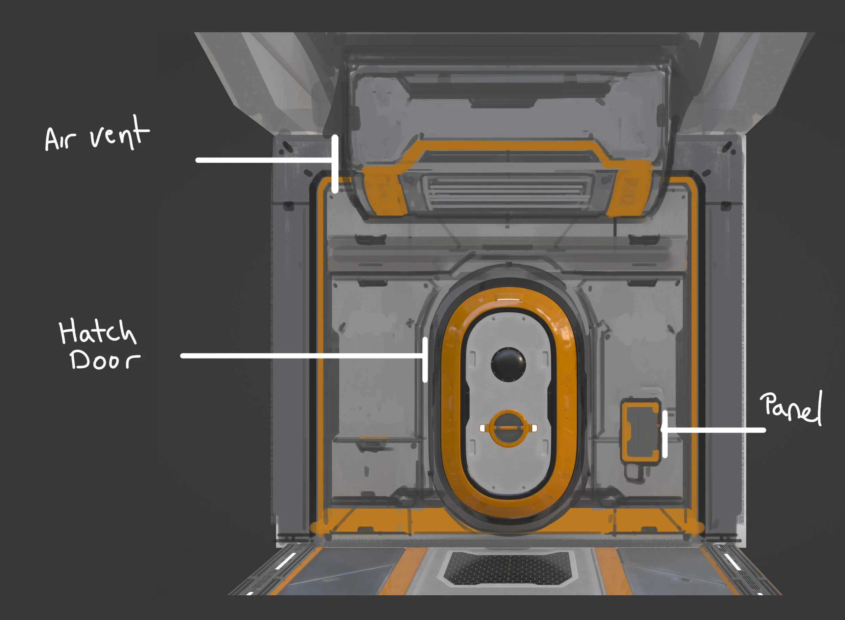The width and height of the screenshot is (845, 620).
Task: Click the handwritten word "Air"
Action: pos(60,139)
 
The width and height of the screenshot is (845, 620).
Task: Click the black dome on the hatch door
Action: pos(508,364)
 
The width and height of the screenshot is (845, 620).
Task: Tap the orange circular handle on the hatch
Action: pos(508,428)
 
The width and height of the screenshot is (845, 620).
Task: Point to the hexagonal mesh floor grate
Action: pos(508,569)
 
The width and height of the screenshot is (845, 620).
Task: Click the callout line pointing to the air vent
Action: pos(263,160)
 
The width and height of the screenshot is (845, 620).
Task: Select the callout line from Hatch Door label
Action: pos(300,356)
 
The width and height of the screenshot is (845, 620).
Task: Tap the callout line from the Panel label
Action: pos(713,430)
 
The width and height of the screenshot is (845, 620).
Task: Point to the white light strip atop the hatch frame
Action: pos(508,299)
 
